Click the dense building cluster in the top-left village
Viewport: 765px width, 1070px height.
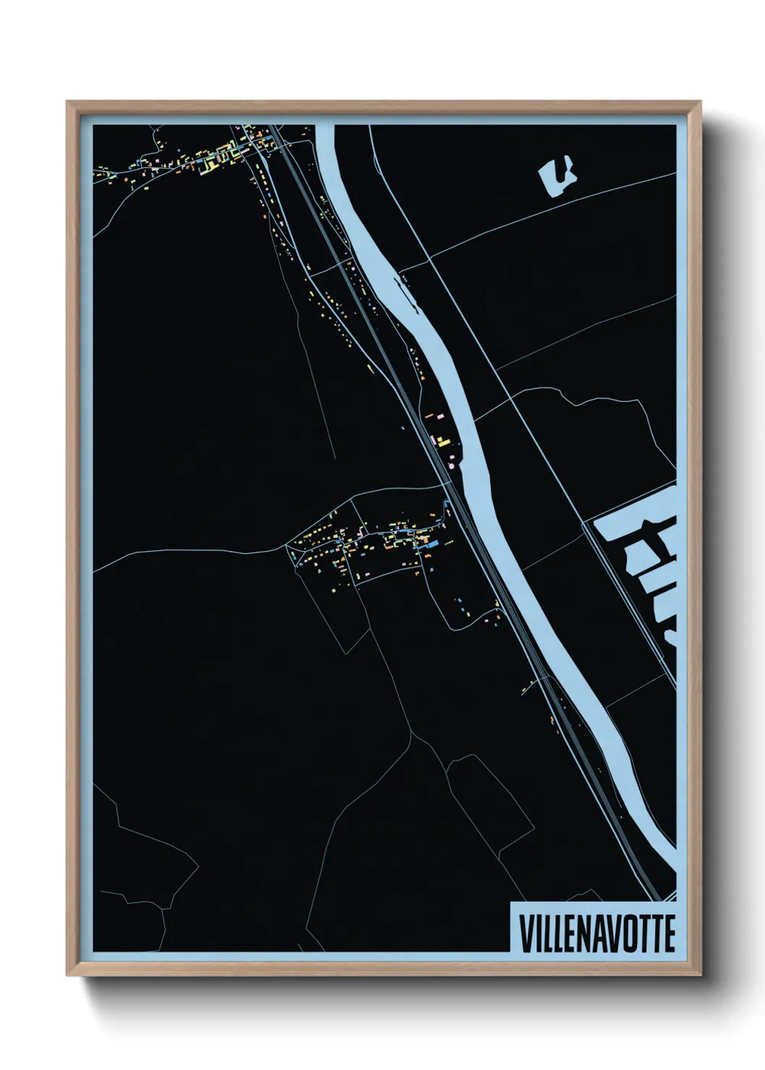[217, 155]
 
